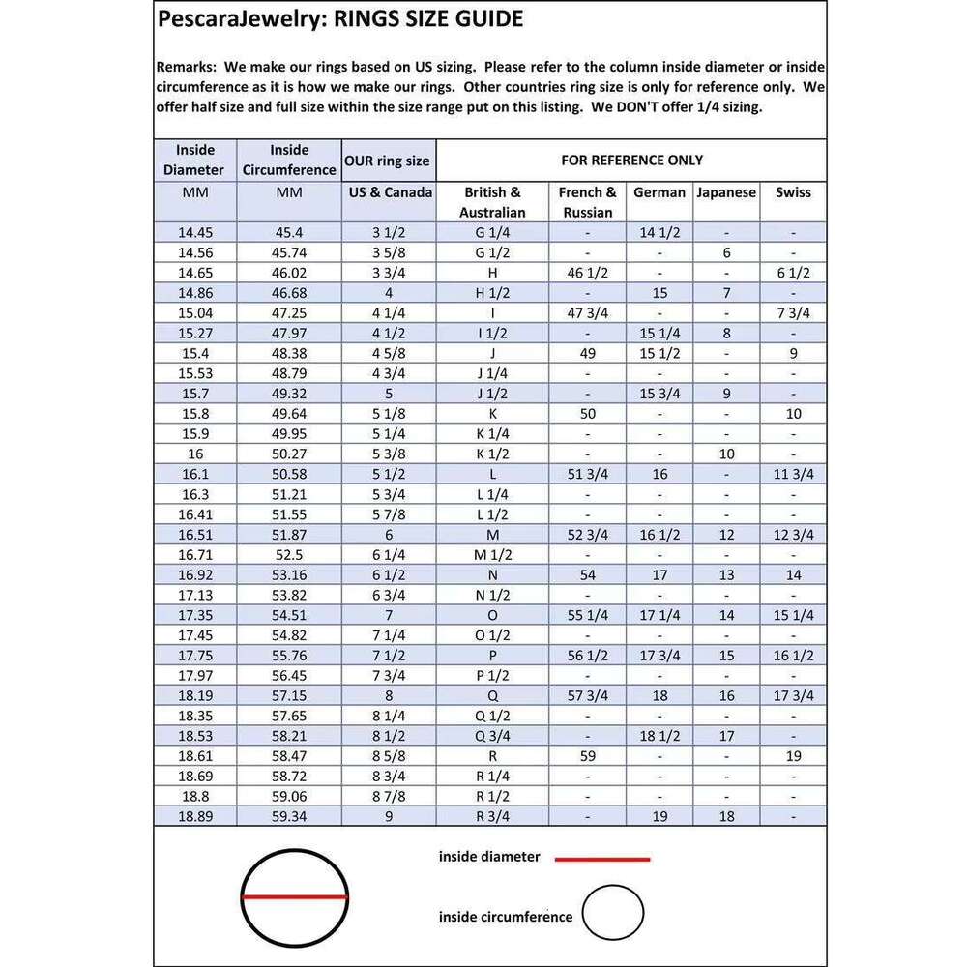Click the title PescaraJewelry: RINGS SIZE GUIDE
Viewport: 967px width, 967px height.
[x=339, y=19]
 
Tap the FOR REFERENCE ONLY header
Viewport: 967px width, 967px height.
[x=632, y=160]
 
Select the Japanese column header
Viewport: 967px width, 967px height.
[x=726, y=192]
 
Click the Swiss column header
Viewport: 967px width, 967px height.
[x=793, y=192]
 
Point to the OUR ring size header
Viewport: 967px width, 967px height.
[x=387, y=161]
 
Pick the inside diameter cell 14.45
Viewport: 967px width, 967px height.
[x=196, y=233]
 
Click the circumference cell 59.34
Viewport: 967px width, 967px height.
[x=289, y=816]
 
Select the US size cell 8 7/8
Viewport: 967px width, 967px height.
[x=388, y=796]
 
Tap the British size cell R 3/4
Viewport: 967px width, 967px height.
[x=492, y=816]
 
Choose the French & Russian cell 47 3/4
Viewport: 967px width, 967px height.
[x=587, y=313]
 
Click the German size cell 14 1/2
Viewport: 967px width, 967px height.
[x=659, y=233]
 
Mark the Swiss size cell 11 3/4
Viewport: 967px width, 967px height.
[x=793, y=474]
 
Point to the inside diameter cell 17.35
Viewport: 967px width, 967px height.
[x=196, y=615]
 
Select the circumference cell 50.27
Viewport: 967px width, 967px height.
[x=289, y=454]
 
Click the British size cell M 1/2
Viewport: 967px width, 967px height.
[x=492, y=554]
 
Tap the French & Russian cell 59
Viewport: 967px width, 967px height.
[x=587, y=756]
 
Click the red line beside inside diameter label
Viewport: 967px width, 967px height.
[x=601, y=858]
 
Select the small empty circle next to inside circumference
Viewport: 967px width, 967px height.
[x=613, y=913]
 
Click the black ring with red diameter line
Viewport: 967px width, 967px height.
[x=294, y=897]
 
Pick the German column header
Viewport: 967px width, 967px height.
[x=659, y=192]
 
